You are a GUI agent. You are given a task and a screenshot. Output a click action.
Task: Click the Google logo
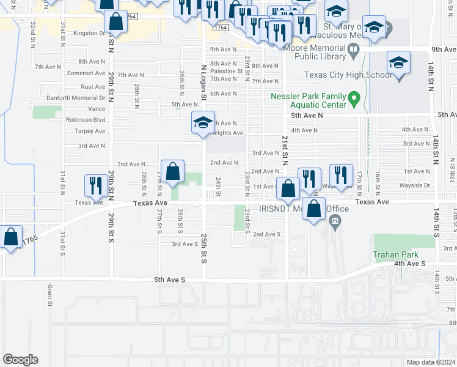pos(20,360)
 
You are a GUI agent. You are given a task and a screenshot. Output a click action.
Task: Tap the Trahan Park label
pos(397,254)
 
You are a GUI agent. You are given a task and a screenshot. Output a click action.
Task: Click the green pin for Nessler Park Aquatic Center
pos(353,98)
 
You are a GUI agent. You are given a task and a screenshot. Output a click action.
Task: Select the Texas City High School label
pos(348,75)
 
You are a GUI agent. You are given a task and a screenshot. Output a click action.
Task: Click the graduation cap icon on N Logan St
pos(203,122)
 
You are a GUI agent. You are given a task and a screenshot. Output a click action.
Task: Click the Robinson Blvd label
pos(86,120)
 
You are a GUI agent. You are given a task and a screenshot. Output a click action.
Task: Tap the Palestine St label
pos(226,71)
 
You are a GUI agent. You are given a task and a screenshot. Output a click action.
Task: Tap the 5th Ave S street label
pos(170,280)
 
